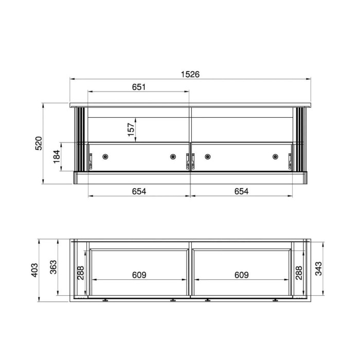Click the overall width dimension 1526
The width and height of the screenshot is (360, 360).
(190, 74)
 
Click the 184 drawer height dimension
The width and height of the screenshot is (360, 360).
(57, 156)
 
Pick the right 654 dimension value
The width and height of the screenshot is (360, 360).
(241, 191)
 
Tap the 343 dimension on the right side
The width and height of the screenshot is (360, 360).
(318, 268)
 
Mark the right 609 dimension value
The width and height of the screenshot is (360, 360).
(241, 275)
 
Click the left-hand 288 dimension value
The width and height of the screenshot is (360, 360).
(80, 272)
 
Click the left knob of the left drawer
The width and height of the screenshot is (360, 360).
(105, 156)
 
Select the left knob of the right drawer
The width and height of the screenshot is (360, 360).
(207, 156)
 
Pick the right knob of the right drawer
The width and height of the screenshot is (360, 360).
(275, 156)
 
